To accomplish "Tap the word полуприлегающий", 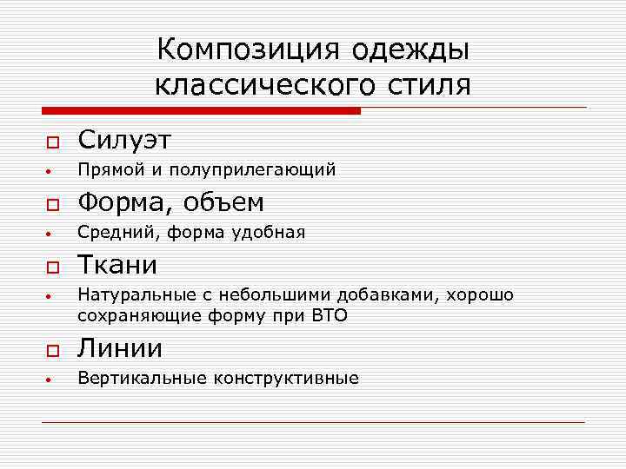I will (252, 169).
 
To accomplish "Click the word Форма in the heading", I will (121, 202).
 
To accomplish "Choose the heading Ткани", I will (118, 264).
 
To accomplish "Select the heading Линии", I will (120, 348).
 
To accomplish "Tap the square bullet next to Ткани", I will (51, 266).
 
